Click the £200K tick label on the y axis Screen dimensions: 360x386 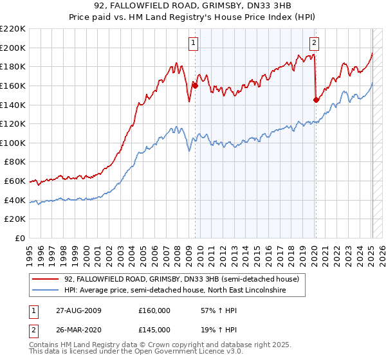(x=14, y=48)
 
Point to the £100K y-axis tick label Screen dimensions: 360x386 (x=14, y=143)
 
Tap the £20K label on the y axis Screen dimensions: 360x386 (x=16, y=219)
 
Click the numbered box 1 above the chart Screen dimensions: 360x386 (x=194, y=43)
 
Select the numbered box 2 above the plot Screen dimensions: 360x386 (x=314, y=43)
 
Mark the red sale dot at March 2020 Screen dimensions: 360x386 (x=316, y=100)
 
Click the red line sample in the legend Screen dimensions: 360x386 (x=46, y=280)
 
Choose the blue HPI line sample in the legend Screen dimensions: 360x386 (x=46, y=291)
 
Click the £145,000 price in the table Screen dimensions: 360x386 (x=154, y=329)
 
